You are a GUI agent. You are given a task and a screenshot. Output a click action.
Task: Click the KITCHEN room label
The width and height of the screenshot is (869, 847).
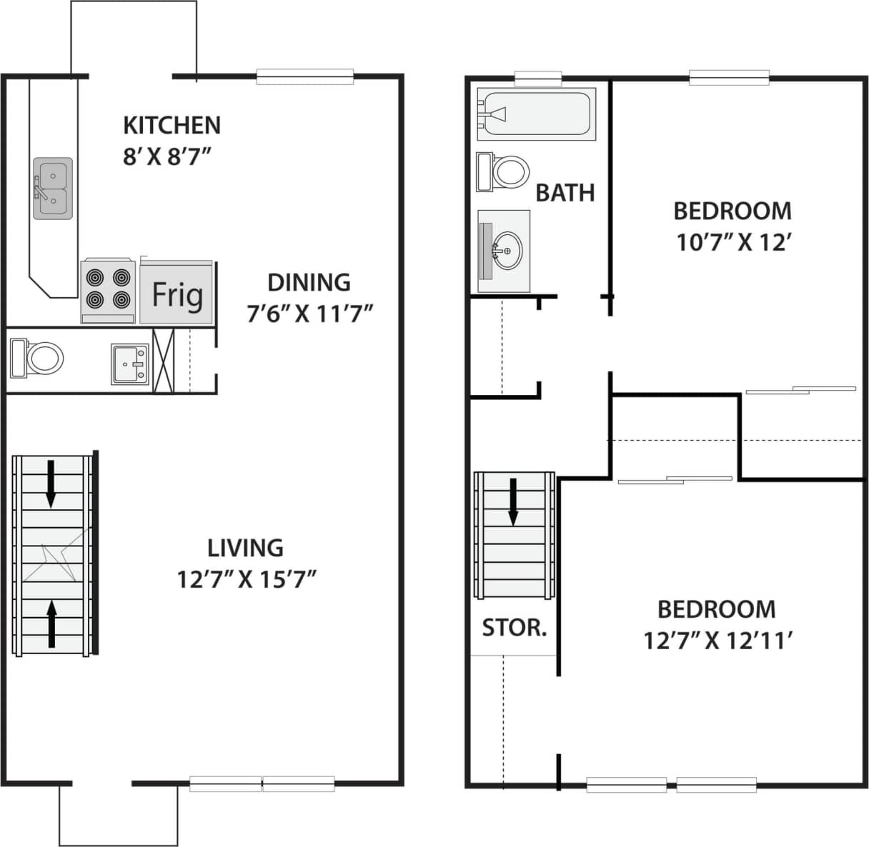pos(172,125)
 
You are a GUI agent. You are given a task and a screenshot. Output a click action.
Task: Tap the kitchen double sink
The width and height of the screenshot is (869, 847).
pos(52,189)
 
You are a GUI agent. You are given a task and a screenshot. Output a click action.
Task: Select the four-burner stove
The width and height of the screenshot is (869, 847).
pos(108,290)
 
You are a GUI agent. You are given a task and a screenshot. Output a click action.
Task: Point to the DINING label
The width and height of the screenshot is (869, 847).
pos(309,283)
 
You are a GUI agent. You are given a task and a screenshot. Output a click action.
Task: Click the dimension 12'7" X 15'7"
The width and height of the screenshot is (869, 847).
pos(247,579)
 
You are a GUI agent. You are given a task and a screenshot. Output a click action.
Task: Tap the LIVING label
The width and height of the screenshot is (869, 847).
pos(245,548)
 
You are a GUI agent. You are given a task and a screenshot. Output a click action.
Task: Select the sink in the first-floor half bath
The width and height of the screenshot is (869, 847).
pos(130,364)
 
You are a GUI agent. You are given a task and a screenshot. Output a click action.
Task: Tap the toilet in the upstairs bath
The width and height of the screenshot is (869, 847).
pos(504,172)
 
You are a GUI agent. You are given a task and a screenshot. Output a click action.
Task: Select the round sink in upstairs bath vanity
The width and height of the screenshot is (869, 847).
pos(507,251)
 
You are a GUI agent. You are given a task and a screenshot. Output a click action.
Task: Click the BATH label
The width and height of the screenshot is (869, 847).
pos(565,192)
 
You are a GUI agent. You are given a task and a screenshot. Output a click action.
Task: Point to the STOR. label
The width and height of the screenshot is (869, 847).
pos(514,628)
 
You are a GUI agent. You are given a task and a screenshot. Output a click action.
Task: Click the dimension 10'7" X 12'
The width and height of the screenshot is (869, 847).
pos(733,243)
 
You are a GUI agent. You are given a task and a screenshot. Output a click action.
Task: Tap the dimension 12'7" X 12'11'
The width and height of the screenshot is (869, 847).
pos(716,641)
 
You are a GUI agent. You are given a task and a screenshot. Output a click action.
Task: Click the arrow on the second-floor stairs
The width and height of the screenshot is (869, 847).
pos(512,501)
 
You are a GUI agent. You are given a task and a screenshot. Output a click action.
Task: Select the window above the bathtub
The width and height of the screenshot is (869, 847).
pos(537,76)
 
